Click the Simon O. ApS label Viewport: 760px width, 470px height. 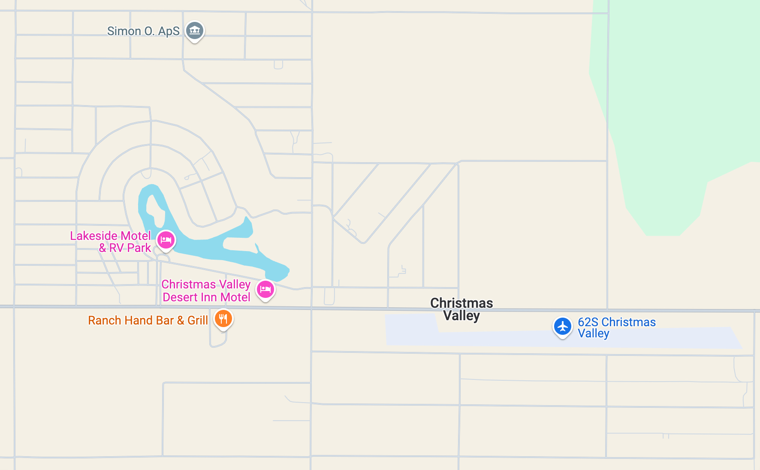click(x=143, y=31)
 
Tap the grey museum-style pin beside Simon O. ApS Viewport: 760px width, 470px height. click(x=195, y=30)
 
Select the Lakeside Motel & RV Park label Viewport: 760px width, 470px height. click(x=111, y=242)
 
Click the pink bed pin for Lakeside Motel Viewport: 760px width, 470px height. click(x=166, y=240)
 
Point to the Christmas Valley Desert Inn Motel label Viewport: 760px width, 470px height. click(x=206, y=291)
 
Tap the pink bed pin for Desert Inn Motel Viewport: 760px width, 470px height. click(x=265, y=289)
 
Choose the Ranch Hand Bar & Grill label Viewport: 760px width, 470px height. click(x=148, y=320)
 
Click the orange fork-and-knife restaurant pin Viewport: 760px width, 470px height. click(x=223, y=318)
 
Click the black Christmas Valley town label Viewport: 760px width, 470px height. click(x=461, y=309)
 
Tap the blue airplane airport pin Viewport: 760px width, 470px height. click(x=562, y=326)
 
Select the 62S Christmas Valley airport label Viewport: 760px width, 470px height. click(x=616, y=327)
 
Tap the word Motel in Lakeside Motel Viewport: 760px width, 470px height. click(x=136, y=236)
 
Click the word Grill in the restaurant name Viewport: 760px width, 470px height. click(x=198, y=320)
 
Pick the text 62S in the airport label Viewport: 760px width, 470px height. click(x=588, y=322)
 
